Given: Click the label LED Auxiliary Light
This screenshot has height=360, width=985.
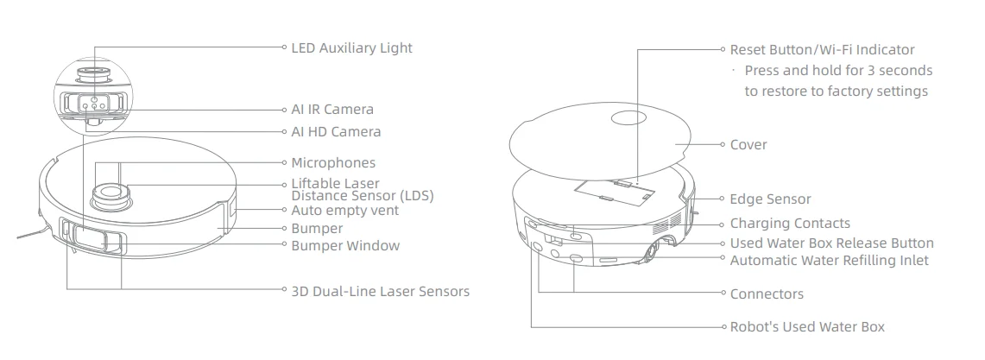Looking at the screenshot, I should (x=351, y=48).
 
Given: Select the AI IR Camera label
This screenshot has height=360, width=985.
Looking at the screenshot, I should (x=332, y=110).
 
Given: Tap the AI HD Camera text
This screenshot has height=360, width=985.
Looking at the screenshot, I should (x=336, y=132).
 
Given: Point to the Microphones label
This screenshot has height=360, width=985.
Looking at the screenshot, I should (x=333, y=162).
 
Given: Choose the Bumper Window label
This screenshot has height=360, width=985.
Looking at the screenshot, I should (x=345, y=245).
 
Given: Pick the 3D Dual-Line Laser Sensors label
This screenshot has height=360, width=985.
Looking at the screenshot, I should (x=380, y=291).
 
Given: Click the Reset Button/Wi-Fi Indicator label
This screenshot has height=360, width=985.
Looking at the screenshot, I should (x=822, y=50).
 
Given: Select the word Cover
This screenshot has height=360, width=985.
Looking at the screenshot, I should (x=748, y=145).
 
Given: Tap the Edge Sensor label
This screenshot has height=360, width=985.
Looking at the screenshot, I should (x=770, y=199).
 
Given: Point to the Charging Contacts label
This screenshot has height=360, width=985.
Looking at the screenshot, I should (x=790, y=224).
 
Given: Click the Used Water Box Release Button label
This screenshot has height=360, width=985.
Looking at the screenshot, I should (x=831, y=243).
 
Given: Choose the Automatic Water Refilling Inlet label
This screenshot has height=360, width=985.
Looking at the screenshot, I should (x=830, y=260).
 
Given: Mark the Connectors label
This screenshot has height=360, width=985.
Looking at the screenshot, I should (x=767, y=294).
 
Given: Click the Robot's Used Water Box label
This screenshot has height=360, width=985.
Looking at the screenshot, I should (x=807, y=326).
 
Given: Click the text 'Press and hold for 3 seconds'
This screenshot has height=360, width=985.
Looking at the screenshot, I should (x=838, y=71).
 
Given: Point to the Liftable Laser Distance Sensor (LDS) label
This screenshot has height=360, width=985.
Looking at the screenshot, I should (x=362, y=190).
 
